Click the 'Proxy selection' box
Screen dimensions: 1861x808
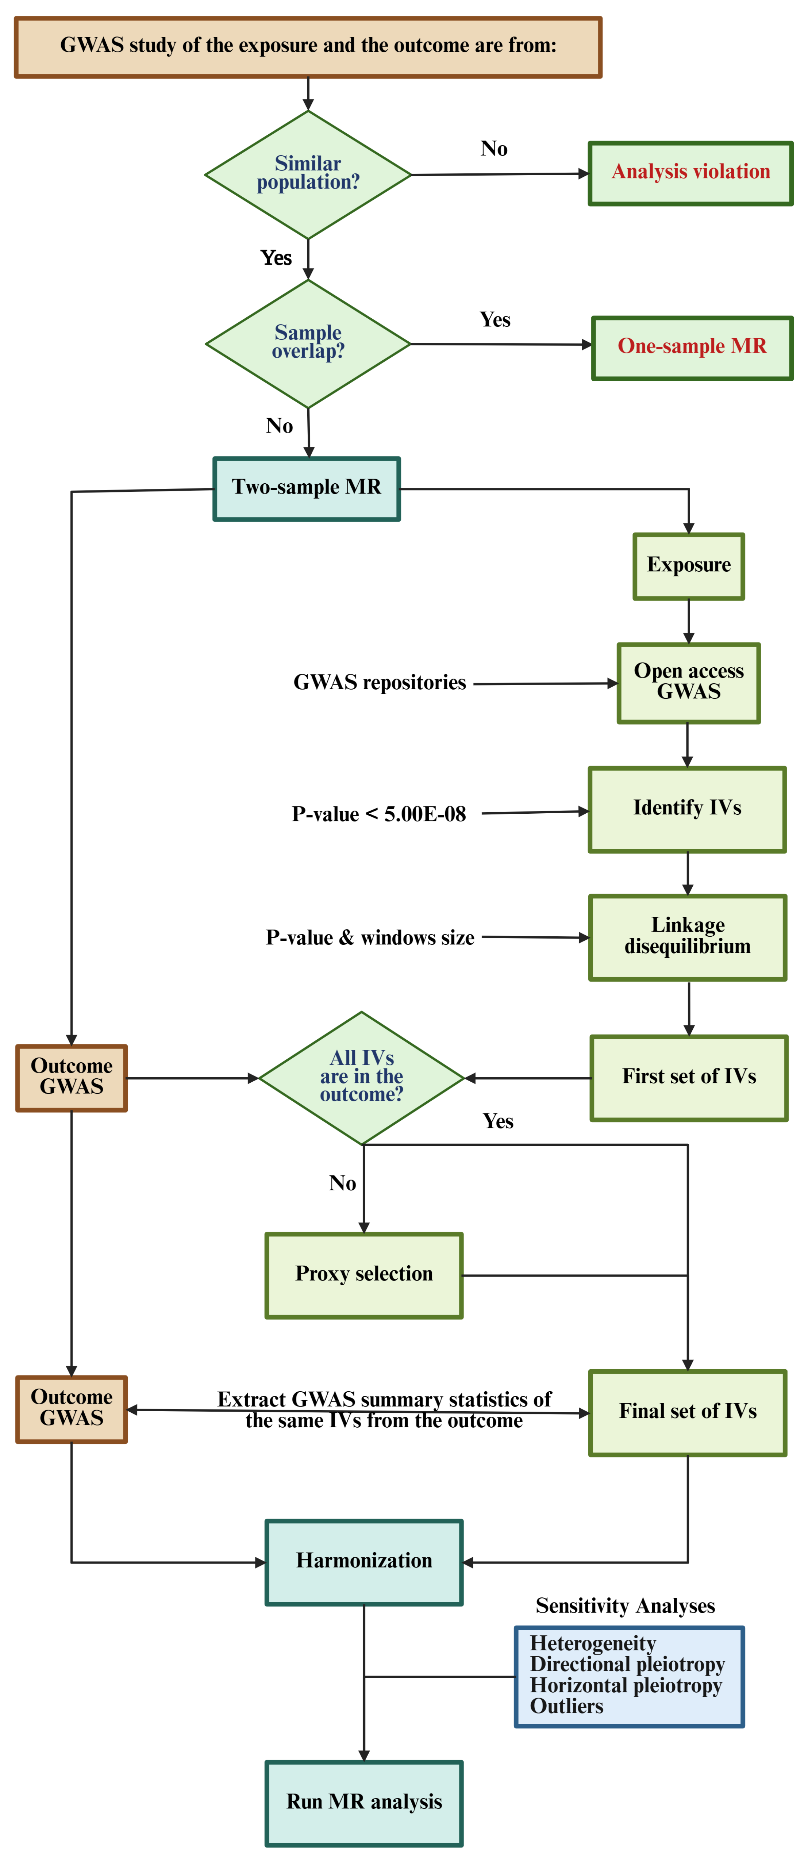click(x=364, y=1274)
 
